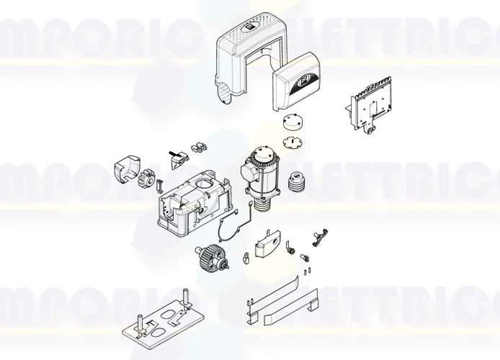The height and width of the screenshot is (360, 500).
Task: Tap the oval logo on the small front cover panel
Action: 303,82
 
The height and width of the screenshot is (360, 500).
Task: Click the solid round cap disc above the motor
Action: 293,122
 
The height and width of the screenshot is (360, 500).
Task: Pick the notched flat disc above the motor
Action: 293,141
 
